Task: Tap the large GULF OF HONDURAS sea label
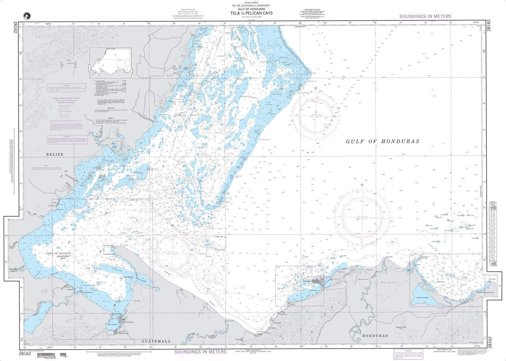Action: [382, 141]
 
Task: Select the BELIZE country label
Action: [54, 154]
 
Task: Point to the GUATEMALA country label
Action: [156, 341]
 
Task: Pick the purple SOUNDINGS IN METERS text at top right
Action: [425, 16]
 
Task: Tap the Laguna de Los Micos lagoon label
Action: [429, 297]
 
